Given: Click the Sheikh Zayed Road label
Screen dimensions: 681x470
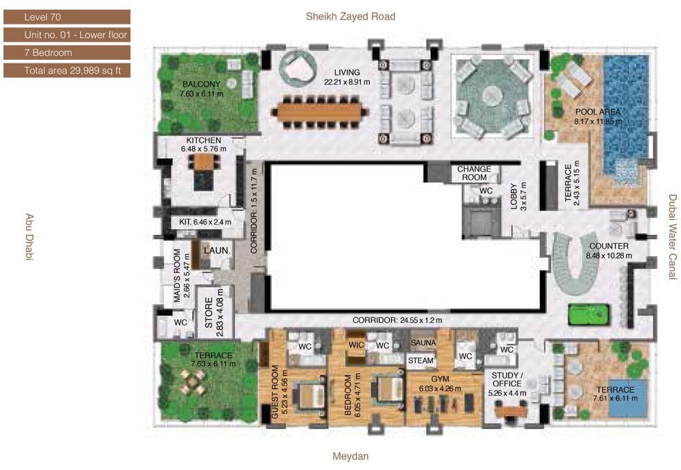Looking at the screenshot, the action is click(x=351, y=16).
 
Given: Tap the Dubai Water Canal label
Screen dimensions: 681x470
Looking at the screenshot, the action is click(x=672, y=237).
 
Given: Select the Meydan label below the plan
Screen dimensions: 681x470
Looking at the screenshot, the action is click(x=351, y=456).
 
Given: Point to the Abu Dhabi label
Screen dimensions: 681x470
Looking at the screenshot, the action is click(x=29, y=237).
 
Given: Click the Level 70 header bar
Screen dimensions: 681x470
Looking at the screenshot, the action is click(x=67, y=17).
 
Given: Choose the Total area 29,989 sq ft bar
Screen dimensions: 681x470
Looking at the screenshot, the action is click(x=67, y=70).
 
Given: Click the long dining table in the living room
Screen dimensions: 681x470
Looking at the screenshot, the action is click(x=320, y=112).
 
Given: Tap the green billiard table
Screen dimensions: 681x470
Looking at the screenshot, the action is click(x=588, y=313).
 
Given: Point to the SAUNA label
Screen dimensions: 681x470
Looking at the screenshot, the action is click(x=423, y=343).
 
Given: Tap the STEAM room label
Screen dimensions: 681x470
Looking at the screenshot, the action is click(x=420, y=360).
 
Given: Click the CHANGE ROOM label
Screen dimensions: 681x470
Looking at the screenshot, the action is click(x=474, y=173).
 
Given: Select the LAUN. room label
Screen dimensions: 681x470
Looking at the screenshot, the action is click(x=217, y=251).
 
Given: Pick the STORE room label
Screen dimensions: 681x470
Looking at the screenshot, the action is click(x=208, y=313).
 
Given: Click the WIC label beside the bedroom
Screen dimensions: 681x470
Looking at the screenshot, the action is click(x=356, y=345).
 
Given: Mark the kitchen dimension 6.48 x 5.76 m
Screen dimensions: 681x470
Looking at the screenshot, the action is click(x=204, y=149).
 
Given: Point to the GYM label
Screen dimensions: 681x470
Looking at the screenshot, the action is click(x=440, y=379).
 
